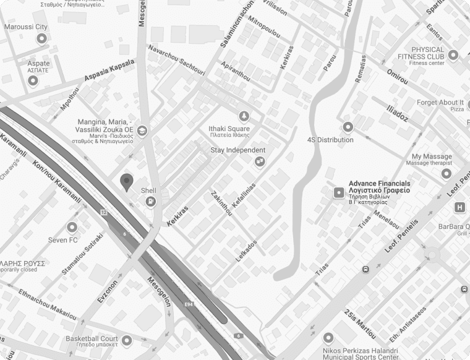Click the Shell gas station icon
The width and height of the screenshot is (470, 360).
[x=150, y=202]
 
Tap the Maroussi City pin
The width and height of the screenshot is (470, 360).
[x=42, y=39]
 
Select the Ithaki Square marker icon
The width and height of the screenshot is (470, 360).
[x=244, y=116]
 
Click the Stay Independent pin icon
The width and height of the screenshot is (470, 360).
[x=260, y=161]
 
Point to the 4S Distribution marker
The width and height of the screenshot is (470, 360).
[x=348, y=127]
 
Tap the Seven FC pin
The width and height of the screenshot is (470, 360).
[x=72, y=227]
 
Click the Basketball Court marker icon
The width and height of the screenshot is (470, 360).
[x=127, y=340]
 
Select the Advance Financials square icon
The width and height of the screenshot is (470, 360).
[x=338, y=192]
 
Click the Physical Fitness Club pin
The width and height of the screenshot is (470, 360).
[x=453, y=56]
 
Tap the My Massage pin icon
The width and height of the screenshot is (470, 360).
[x=446, y=174]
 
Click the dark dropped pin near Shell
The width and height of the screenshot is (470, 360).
[x=127, y=182]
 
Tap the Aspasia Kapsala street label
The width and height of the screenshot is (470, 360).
[x=109, y=72]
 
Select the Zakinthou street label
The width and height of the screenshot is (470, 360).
[x=222, y=202]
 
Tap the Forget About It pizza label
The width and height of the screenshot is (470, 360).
[x=440, y=103]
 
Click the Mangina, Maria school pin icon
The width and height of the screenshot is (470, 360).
[x=142, y=131]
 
